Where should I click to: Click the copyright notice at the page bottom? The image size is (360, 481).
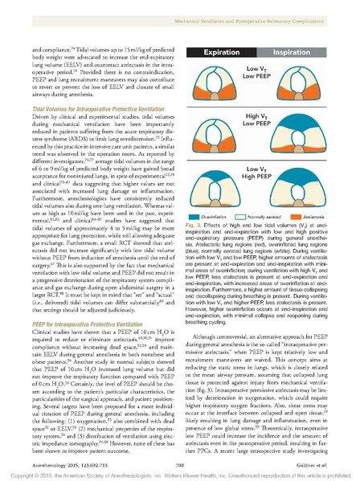(180, 473)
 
